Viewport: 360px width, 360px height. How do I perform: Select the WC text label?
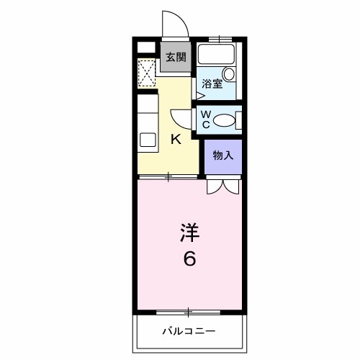[204, 119]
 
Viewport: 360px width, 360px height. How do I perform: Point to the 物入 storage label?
[222, 156]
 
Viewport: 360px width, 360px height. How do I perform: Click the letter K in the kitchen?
[175, 140]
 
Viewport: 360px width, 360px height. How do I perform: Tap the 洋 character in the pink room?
[189, 233]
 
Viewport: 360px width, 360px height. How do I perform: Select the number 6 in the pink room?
[189, 258]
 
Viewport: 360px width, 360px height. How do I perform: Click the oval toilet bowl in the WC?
[226, 120]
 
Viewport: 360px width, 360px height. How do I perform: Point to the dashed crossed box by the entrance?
[147, 73]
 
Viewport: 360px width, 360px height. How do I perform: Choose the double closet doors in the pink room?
[222, 186]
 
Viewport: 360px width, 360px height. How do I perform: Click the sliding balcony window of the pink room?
[189, 312]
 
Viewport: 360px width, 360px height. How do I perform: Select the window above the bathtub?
[220, 37]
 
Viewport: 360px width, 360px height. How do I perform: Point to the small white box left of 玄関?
[147, 48]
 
